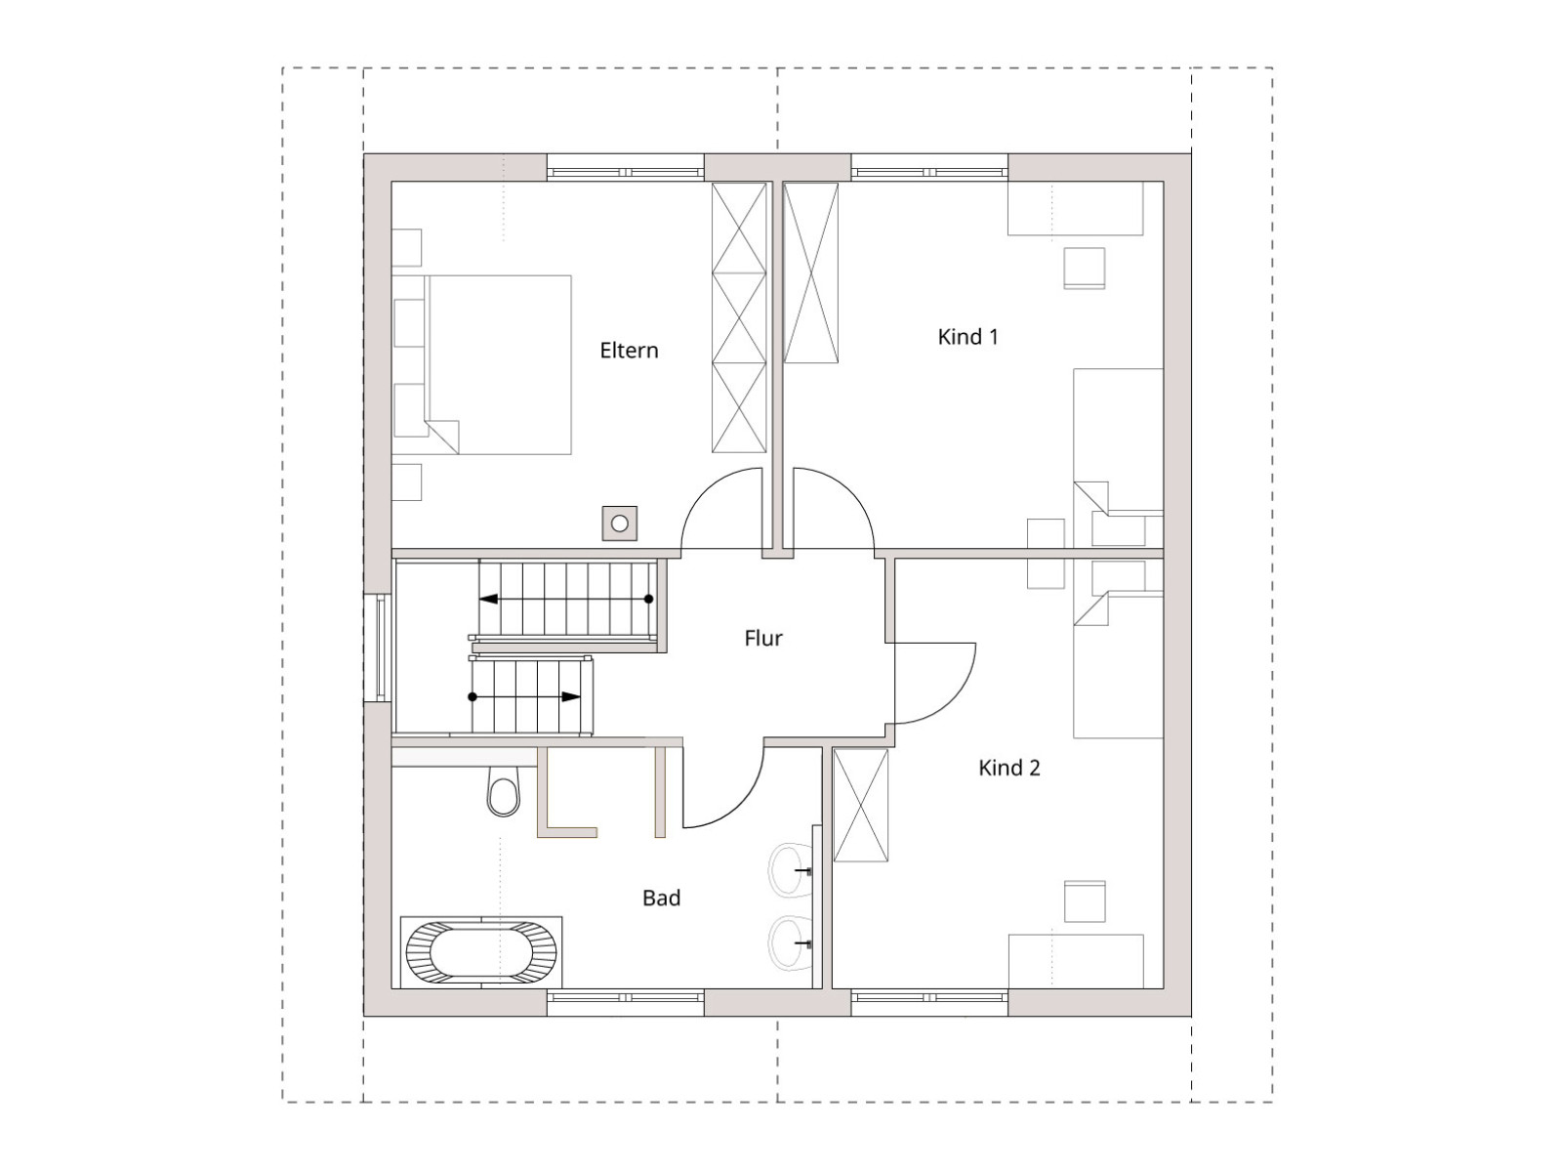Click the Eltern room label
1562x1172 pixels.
629,350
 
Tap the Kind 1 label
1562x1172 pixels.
967,337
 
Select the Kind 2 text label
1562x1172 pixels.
1009,768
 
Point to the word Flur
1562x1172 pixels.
762,639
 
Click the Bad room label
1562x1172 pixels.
661,898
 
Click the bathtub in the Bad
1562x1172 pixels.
481,952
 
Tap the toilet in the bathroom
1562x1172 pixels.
504,791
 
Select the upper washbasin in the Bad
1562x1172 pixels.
792,869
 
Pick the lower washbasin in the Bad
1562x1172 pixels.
792,943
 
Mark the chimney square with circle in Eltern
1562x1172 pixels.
619,523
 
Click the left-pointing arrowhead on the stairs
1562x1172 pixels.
488,599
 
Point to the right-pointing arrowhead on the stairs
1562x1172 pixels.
571,696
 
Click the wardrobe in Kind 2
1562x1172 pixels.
860,805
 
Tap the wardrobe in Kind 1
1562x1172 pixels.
810,272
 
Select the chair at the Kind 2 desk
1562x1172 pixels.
1085,900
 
